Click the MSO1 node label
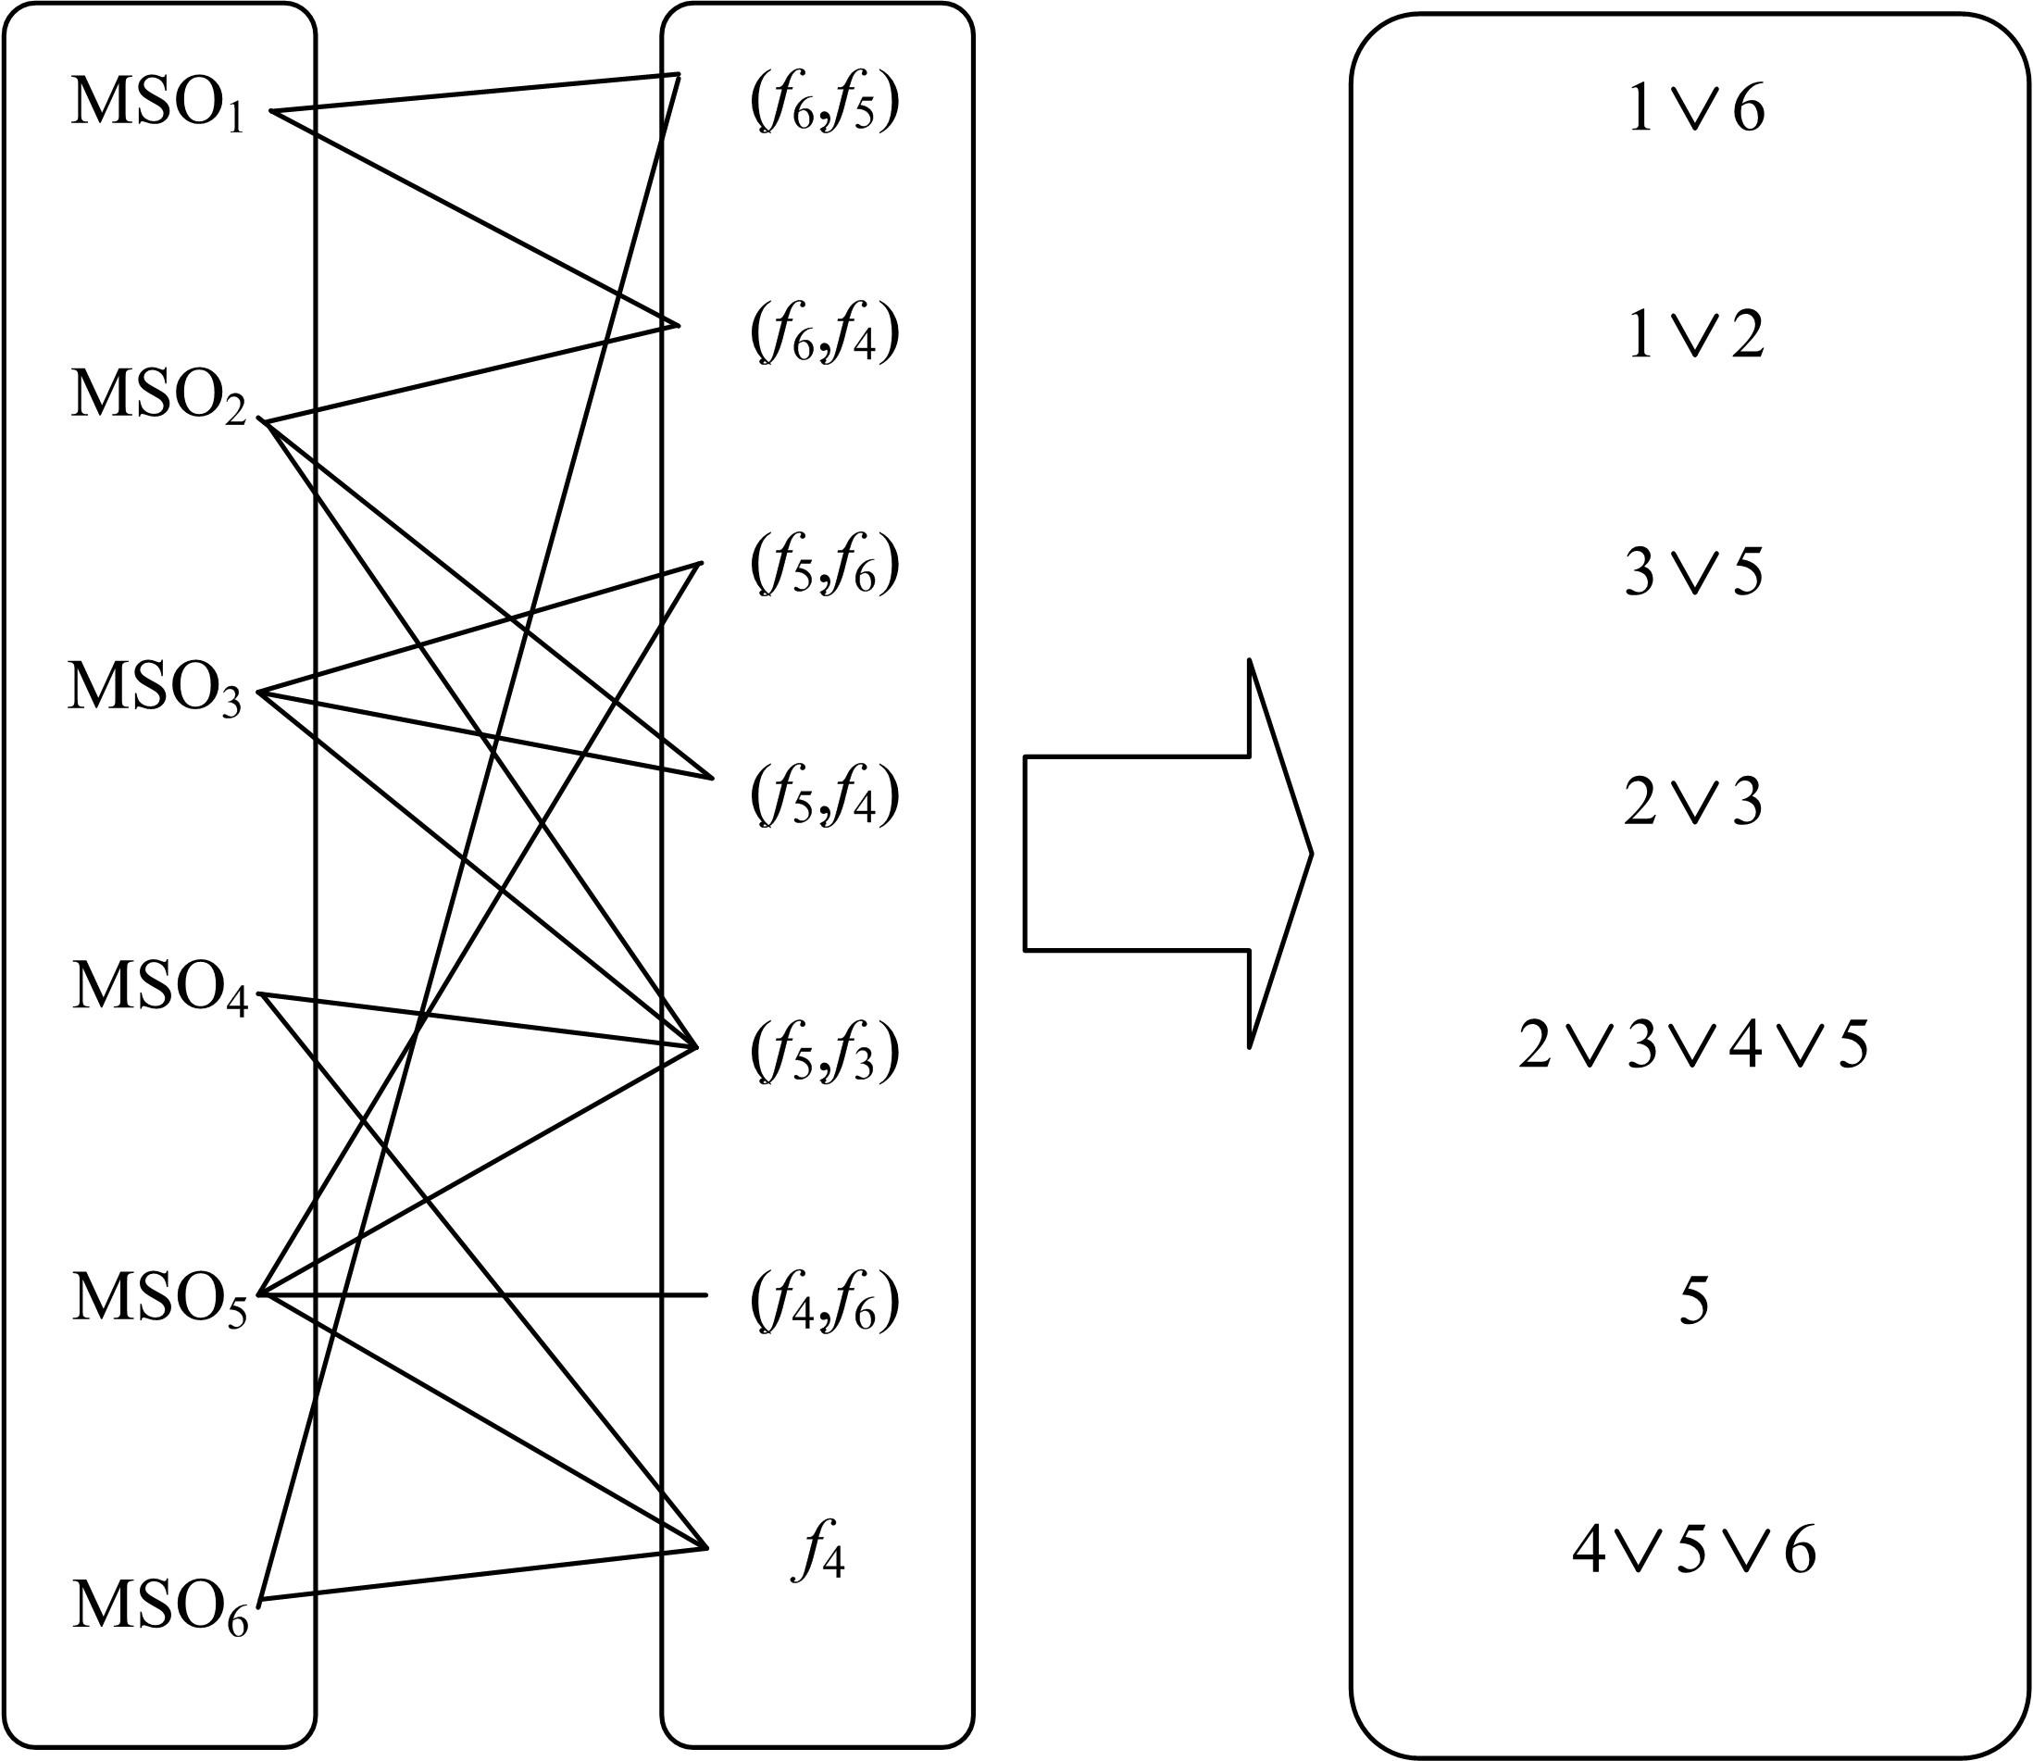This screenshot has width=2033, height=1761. point(157,106)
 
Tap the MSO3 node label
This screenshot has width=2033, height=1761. point(156,689)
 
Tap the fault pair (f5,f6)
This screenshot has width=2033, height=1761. point(824,568)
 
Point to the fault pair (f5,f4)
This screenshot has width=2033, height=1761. point(824,798)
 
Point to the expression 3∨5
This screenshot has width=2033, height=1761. point(1693,573)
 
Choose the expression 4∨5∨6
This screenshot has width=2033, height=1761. point(1693,1551)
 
